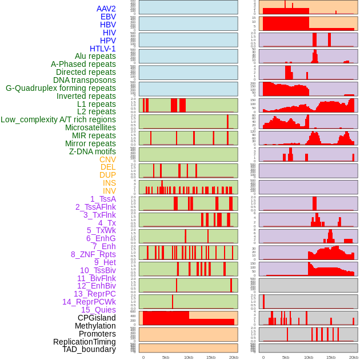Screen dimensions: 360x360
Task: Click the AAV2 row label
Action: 106,9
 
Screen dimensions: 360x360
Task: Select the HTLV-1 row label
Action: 103,49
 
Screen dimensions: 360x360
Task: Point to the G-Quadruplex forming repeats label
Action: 61,88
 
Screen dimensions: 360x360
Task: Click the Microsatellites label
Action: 90,127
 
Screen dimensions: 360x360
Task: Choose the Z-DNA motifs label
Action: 93,151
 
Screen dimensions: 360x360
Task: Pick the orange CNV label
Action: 107,159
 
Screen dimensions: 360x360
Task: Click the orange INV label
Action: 109,191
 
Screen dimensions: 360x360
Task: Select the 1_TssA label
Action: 103,199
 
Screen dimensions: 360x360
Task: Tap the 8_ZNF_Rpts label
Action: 93,254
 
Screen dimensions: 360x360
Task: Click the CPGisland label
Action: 97,318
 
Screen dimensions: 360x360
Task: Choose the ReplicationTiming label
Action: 84,342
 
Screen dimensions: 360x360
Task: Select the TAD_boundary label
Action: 89,349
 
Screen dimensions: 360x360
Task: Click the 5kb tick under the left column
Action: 166,357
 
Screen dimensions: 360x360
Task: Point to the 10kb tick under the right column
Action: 309,357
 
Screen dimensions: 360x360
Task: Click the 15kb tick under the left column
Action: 211,357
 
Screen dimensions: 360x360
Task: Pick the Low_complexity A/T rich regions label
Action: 58,119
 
